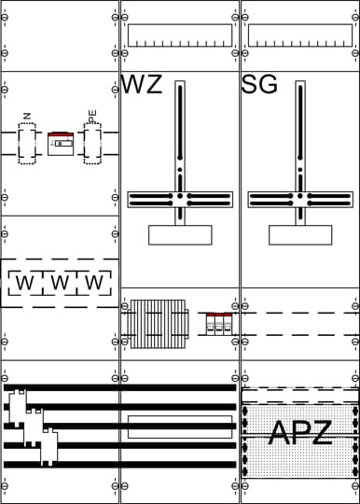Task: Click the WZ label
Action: tap(142, 84)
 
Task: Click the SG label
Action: tap(259, 84)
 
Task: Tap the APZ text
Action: tap(300, 433)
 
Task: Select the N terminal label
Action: tap(27, 116)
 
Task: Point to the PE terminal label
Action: tap(92, 117)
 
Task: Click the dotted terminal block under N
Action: tap(27, 144)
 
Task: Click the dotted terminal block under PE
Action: tap(92, 144)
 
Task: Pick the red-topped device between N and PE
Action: tap(61, 144)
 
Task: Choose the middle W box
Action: tap(60, 283)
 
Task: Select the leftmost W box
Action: tap(25, 283)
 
